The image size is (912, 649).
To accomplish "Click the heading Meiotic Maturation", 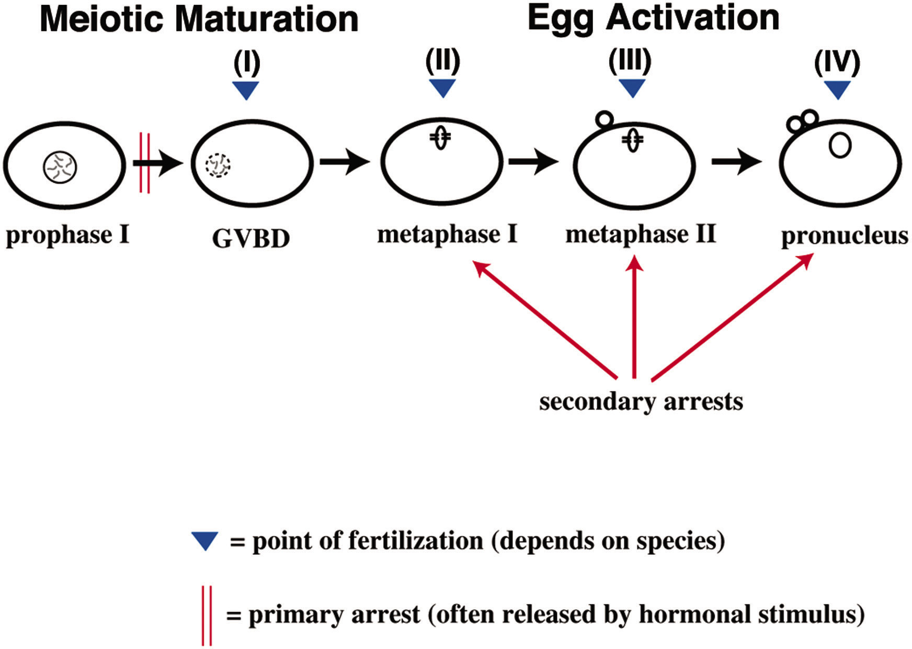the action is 199,19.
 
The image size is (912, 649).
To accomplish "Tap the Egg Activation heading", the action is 654,18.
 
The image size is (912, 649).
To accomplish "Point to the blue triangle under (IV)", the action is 838,90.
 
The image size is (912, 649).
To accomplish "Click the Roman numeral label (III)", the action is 630,61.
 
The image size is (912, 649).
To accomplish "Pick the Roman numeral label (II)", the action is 442,61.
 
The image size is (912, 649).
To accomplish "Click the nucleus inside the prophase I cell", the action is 60,167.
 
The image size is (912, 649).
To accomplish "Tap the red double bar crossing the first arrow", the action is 144,163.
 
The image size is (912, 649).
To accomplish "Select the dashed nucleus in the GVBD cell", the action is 218,165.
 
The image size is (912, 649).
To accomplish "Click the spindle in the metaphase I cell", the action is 440,138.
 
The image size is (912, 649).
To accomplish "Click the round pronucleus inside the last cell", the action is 840,146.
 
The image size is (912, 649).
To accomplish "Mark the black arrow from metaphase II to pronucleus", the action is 736,162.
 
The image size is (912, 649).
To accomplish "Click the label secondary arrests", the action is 641,401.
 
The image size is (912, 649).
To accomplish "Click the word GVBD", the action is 251,239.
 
